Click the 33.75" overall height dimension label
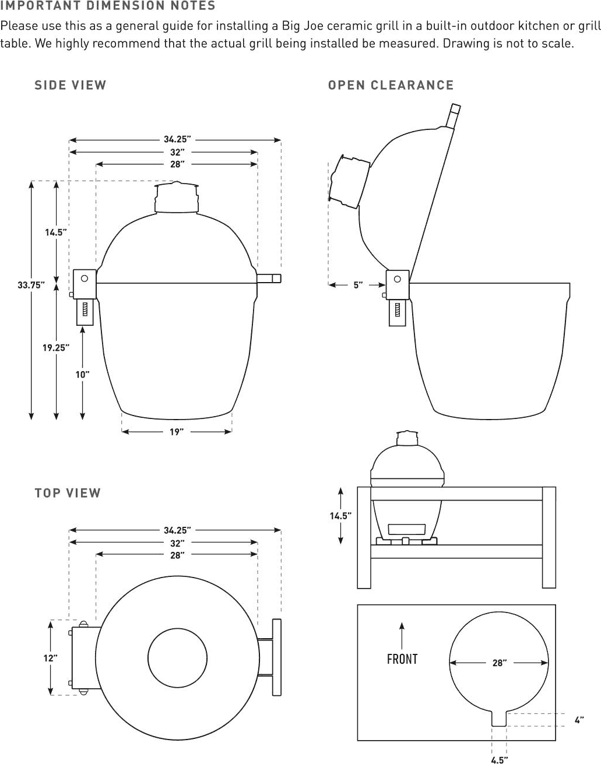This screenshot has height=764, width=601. point(31,285)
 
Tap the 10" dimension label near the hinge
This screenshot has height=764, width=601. point(82,375)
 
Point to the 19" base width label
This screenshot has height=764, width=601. point(177,432)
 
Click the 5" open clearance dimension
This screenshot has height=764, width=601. point(358,285)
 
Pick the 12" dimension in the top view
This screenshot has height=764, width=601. point(51,658)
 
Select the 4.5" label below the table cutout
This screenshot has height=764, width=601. point(499,759)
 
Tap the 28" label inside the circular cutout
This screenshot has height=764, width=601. point(499,663)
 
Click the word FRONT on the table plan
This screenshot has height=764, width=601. point(402,659)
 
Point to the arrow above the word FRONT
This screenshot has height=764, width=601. point(402,634)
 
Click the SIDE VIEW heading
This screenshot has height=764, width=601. point(71,85)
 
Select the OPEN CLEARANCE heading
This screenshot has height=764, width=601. point(391,85)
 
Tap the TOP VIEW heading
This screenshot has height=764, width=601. point(68,493)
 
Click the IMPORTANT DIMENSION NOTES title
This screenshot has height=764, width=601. point(108,6)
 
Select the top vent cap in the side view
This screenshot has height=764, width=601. point(177,198)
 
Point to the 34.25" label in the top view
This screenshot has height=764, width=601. point(177,530)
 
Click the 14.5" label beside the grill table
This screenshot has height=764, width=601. point(340,516)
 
